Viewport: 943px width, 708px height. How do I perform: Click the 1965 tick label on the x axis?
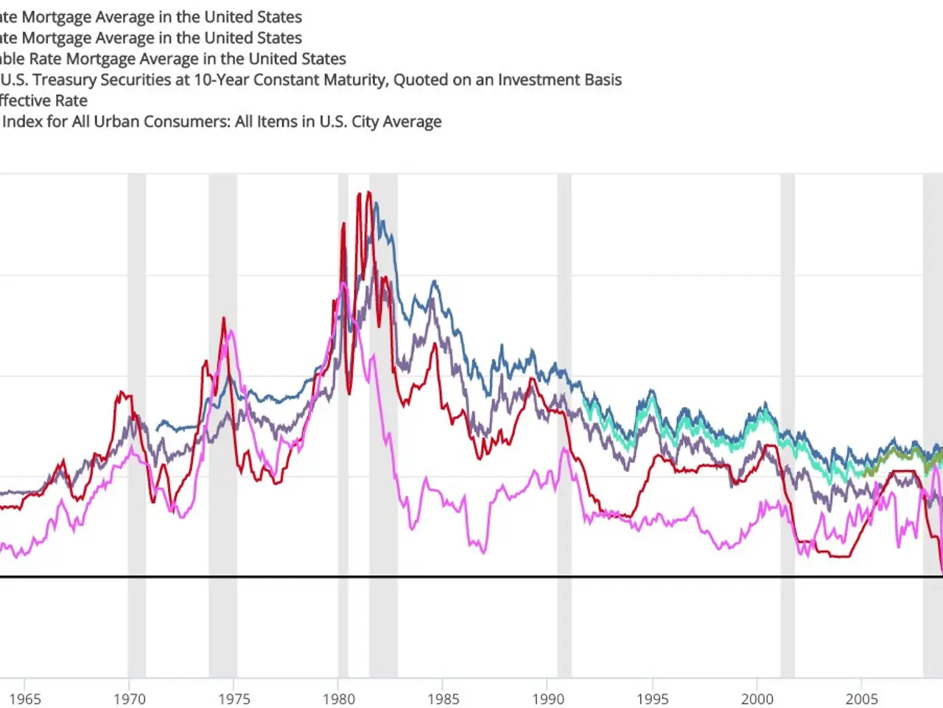[25, 698]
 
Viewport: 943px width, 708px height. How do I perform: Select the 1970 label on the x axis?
[130, 698]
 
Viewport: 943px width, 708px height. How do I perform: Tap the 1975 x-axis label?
[234, 698]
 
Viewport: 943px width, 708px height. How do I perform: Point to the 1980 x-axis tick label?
[339, 698]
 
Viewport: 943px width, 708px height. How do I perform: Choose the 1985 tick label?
[444, 698]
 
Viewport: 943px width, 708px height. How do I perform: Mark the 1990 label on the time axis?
[548, 698]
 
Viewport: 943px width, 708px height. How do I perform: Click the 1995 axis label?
[653, 698]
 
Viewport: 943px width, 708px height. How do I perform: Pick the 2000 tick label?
[757, 698]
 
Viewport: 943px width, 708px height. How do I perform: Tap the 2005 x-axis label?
[862, 698]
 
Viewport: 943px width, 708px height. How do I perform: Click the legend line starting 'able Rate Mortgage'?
[172, 59]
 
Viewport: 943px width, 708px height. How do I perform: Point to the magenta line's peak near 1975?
[231, 331]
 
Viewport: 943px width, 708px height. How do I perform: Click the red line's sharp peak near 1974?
[223, 319]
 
